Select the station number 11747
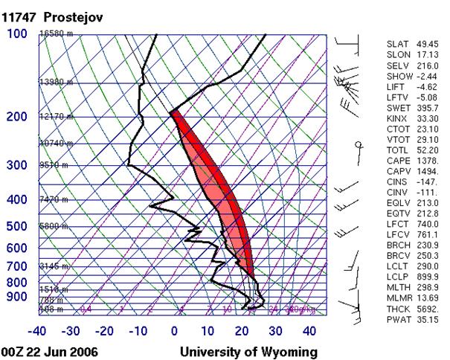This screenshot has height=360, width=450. (x=19, y=16)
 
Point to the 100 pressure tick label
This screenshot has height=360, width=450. (x=17, y=34)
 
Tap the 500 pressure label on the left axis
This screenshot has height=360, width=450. (x=17, y=226)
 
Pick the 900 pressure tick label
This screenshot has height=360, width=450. (x=17, y=297)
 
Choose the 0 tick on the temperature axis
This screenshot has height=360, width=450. (x=175, y=330)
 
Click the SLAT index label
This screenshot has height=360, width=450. (x=397, y=45)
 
